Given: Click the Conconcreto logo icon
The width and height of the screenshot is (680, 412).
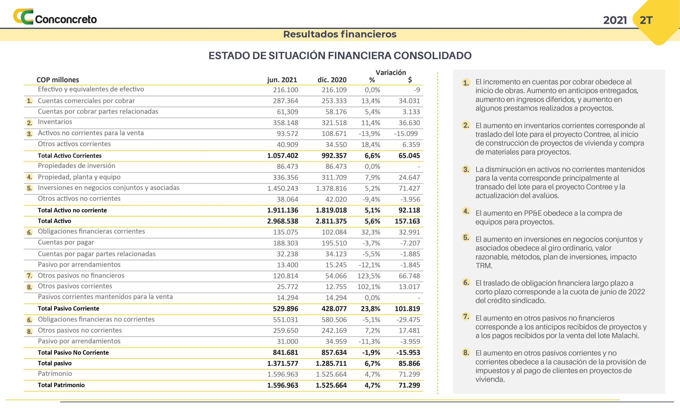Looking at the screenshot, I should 23,16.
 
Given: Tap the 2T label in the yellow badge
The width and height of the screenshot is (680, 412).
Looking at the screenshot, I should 646,20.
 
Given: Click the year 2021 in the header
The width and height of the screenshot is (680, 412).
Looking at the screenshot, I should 615,20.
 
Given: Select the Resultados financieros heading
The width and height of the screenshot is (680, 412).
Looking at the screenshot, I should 340,34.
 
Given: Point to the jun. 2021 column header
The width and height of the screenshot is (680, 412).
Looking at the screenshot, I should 282,80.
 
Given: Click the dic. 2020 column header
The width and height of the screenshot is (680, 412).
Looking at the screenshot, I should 332,80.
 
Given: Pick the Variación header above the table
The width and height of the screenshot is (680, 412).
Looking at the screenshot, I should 390,72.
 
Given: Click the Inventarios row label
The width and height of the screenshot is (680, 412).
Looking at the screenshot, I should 55,122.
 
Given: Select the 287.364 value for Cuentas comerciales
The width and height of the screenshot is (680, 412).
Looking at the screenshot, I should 285,101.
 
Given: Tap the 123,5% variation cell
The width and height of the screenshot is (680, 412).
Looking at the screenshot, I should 369,276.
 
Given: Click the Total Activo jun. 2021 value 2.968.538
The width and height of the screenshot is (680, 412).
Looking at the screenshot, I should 282,221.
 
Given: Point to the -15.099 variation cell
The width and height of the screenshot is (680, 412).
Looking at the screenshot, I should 406,134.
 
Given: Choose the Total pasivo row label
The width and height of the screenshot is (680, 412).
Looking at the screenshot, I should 55,363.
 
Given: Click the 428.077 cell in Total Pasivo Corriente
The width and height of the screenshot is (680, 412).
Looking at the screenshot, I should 334,309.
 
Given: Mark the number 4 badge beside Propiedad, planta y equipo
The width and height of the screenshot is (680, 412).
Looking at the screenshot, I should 29,177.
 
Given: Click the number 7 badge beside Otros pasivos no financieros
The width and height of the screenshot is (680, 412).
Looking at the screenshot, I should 29,276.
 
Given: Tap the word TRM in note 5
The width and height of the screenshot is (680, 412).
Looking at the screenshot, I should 483,265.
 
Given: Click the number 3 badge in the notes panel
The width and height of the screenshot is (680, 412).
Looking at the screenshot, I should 466,169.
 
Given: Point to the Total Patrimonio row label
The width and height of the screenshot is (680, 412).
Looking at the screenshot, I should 61,385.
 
